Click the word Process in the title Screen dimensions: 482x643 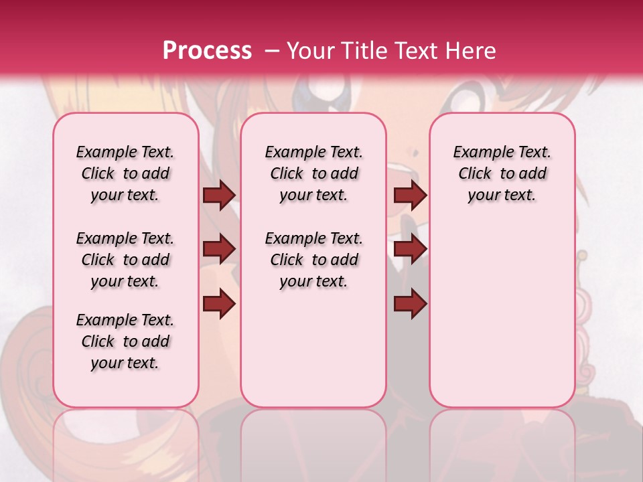point(207,50)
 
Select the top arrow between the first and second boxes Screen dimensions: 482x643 point(219,195)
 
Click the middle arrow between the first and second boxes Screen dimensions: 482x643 point(219,250)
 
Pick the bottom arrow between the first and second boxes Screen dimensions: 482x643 point(219,305)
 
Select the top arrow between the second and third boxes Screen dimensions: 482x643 point(410,195)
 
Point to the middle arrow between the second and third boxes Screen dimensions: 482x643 point(410,250)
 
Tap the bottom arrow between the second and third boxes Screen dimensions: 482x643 point(410,305)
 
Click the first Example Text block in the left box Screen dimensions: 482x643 point(125,173)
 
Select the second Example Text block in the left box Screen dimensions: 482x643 point(125,260)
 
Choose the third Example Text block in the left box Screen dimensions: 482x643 point(125,341)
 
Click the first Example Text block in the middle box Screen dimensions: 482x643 point(314,173)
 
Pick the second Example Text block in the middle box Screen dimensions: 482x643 point(314,260)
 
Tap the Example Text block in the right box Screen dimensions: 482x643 point(502,173)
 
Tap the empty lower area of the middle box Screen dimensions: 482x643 point(313,348)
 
